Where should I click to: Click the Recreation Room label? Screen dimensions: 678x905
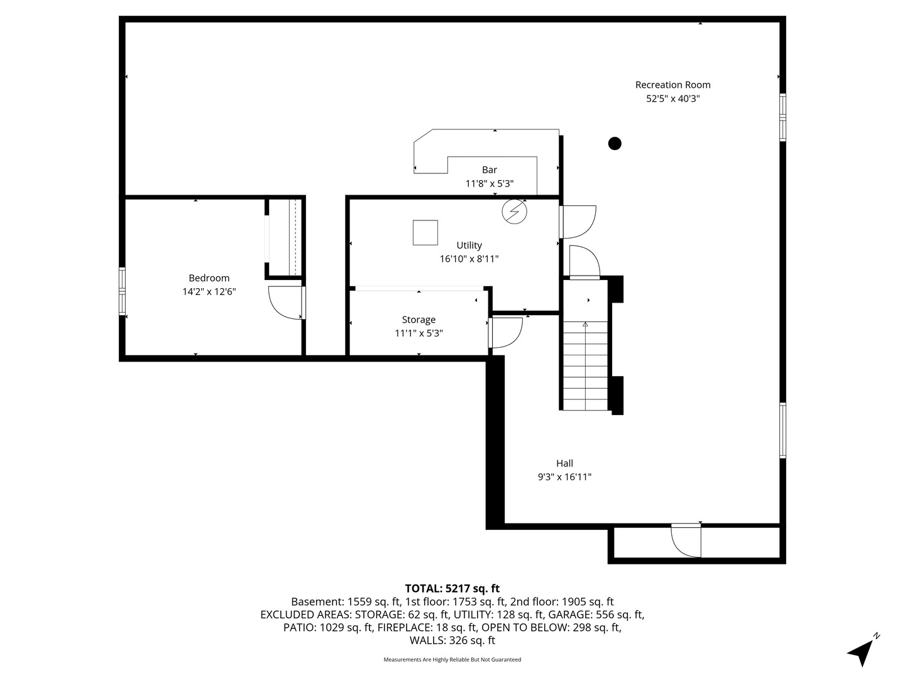[x=672, y=85]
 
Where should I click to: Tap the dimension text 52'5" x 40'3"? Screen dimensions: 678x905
[x=672, y=99]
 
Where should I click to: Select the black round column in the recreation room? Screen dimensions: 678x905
[x=615, y=144]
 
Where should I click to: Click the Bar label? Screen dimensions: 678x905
[x=490, y=170]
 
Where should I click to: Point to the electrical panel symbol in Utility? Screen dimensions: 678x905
[x=514, y=212]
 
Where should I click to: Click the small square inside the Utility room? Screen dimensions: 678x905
[x=425, y=232]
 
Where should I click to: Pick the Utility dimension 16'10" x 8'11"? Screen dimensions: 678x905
[x=469, y=259]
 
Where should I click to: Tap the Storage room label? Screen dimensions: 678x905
[x=419, y=320]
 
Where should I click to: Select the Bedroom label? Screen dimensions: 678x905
[x=209, y=278]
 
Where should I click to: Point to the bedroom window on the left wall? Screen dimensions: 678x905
[x=123, y=291]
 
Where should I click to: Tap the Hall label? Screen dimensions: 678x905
[x=564, y=463]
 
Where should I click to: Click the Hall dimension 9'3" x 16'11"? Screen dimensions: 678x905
[x=564, y=477]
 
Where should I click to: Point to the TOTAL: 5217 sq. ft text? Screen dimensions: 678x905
[x=452, y=588]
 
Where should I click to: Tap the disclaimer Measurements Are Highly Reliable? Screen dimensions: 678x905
[x=452, y=660]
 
